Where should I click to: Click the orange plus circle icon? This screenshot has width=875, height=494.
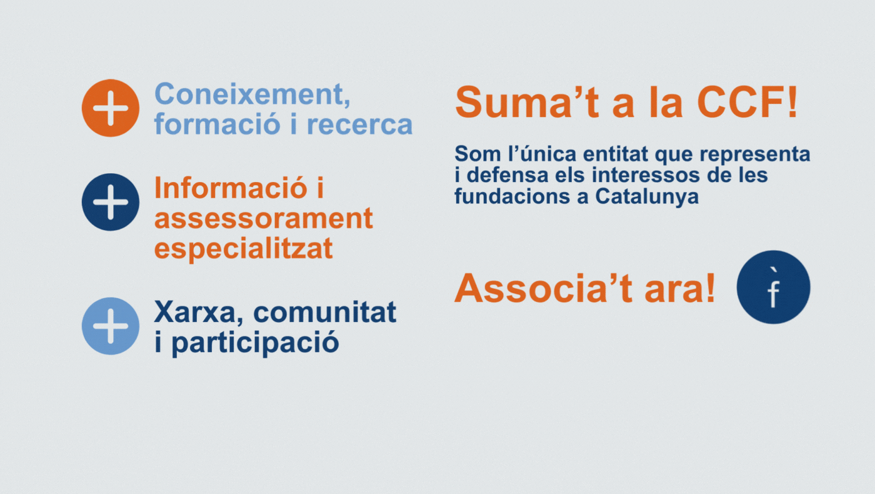[111, 108]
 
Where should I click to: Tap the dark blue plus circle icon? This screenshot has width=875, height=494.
[111, 202]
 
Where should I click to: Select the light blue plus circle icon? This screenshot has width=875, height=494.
[111, 326]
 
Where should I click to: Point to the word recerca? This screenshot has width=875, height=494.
[360, 124]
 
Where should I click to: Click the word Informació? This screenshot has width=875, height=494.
[231, 188]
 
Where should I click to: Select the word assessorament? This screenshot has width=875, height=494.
[264, 218]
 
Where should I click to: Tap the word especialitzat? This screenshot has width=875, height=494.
[244, 249]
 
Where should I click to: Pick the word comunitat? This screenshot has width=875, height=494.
[325, 312]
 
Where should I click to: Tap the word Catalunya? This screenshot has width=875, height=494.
[647, 196]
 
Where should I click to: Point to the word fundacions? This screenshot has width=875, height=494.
[512, 196]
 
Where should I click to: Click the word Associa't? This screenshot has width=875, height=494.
[543, 288]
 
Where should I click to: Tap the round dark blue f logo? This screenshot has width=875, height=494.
[774, 287]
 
